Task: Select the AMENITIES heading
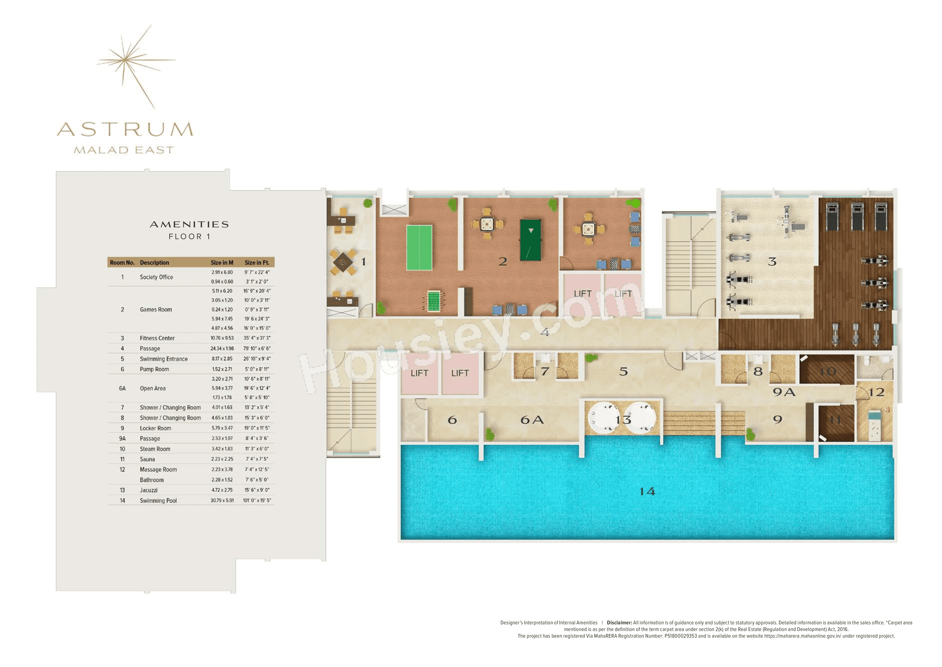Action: point(189,224)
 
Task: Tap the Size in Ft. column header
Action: point(257,262)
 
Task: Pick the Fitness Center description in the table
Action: point(157,338)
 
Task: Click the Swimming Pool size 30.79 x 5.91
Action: point(222,500)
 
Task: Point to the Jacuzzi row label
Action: point(148,490)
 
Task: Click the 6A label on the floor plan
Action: point(532,420)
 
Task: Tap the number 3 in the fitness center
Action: point(772,262)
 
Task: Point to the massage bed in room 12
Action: point(874,425)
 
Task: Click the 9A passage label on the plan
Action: point(784,392)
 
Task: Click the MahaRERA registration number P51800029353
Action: point(680,636)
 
